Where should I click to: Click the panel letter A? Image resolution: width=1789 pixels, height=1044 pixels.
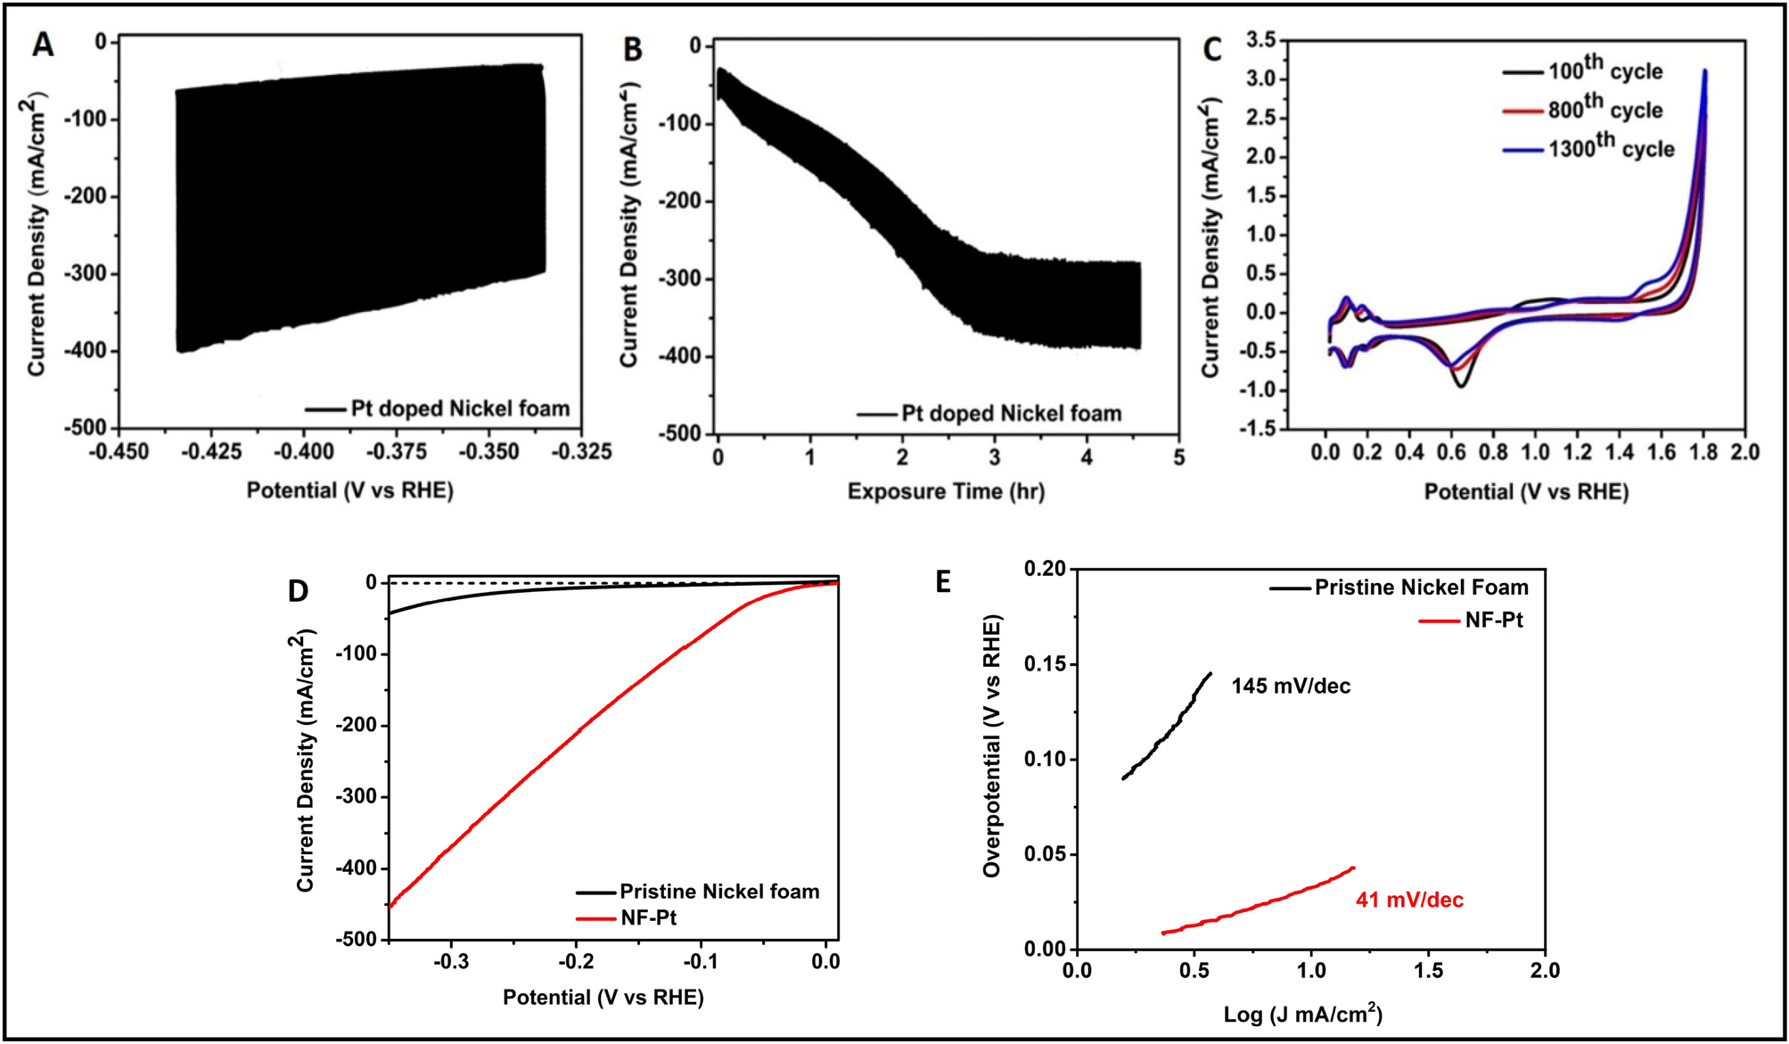tap(42, 45)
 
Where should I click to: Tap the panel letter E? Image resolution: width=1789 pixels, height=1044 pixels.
tap(943, 582)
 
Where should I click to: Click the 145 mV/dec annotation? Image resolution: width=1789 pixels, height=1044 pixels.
tap(1291, 686)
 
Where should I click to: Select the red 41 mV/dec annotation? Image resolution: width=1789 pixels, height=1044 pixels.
tap(1409, 900)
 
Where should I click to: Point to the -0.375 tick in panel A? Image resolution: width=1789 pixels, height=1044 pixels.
tap(397, 452)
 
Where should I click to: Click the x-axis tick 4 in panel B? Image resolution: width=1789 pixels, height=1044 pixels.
tap(1087, 457)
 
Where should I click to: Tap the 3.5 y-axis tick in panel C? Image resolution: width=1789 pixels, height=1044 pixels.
tap(1260, 39)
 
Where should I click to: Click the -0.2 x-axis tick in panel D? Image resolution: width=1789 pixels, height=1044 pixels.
tap(576, 962)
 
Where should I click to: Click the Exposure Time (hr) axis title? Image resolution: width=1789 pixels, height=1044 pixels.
tap(945, 491)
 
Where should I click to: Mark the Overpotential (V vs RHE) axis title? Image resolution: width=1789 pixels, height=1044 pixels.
tap(992, 745)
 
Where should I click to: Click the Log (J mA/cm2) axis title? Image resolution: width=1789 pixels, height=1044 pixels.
tap(1302, 1014)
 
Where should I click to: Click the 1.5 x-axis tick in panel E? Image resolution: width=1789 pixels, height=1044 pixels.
tap(1428, 971)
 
